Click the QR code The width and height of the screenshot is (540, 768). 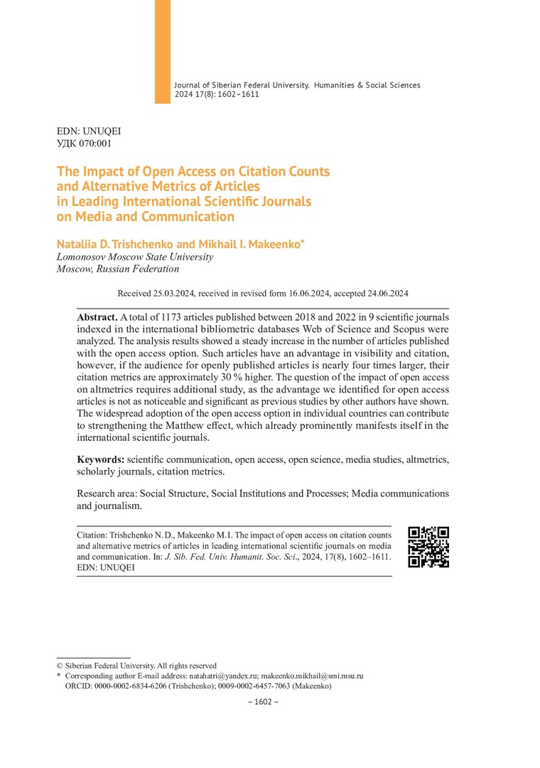[428, 547]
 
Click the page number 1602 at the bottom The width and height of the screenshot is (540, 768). [263, 702]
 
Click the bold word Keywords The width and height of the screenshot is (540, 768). [101, 460]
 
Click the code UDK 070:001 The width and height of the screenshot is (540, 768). [84, 143]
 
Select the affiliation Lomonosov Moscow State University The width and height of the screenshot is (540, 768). [134, 257]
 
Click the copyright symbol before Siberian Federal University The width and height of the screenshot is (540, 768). [60, 666]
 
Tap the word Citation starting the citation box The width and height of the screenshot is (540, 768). [92, 534]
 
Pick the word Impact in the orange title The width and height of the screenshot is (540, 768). [105, 171]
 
